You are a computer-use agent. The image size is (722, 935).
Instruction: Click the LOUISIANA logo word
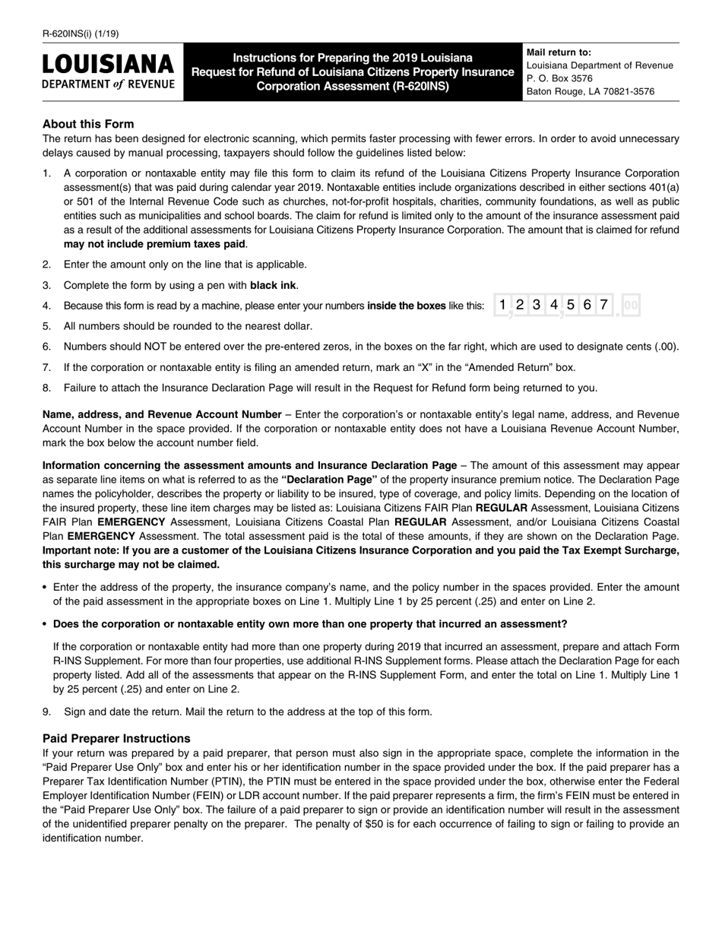[108, 65]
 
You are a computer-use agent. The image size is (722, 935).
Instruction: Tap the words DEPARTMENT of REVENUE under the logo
[108, 84]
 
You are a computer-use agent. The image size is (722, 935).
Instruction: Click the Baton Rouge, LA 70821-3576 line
[590, 91]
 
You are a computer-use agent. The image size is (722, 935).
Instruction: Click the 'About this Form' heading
[88, 124]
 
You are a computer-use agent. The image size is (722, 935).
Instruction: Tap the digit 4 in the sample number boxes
[553, 305]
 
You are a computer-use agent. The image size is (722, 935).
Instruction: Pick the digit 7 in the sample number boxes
[603, 305]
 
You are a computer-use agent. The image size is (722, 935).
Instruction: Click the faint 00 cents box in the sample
[631, 306]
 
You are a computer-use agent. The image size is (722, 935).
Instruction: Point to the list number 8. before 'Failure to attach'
[47, 388]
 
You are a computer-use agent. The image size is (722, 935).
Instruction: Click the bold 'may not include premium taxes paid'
[154, 244]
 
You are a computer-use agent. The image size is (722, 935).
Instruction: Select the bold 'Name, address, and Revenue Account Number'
[162, 414]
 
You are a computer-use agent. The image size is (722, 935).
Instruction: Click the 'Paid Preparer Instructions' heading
[116, 738]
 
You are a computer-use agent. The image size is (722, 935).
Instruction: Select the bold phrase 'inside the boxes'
[407, 306]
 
